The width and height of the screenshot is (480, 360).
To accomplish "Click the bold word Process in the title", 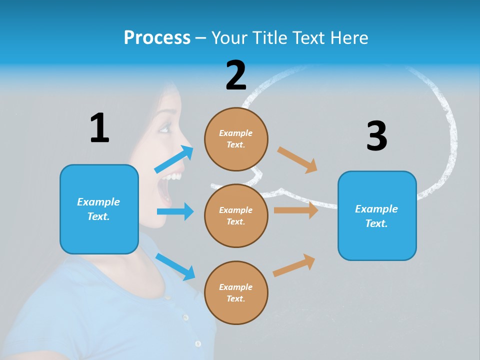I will [x=157, y=38].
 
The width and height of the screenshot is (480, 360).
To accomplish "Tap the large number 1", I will [x=99, y=128].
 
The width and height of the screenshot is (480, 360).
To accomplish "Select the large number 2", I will [x=236, y=75].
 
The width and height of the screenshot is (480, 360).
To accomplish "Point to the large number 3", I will [x=376, y=136].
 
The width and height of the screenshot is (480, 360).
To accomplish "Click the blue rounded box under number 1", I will [x=99, y=209].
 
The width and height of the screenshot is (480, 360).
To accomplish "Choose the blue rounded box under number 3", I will [x=377, y=215].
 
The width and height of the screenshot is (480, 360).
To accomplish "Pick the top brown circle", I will [x=236, y=139].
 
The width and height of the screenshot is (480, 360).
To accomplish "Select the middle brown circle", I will [x=236, y=215].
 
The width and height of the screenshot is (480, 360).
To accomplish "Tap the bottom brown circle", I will [x=236, y=292].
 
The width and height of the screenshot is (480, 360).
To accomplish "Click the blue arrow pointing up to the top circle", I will [x=174, y=159].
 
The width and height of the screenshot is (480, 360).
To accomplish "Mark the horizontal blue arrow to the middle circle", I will [x=175, y=211].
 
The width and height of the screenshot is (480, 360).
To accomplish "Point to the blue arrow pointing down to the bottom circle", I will [x=175, y=266].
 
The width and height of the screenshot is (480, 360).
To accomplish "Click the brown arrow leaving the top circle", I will [x=297, y=159].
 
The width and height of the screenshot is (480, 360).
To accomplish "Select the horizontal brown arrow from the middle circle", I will [x=295, y=210].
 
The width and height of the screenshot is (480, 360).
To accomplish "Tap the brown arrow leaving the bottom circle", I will [x=294, y=265].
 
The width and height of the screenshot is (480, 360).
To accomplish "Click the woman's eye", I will [x=164, y=129].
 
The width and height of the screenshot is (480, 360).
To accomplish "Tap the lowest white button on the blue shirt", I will [x=198, y=343].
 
